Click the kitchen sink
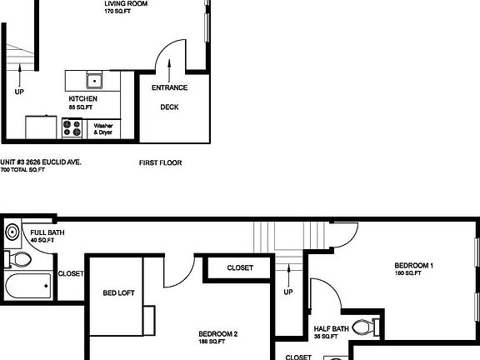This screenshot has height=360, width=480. point(93,81)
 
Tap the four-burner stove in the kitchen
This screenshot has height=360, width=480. point(72,129)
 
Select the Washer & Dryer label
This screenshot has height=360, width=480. point(102,129)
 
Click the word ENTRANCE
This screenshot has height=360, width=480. point(169,88)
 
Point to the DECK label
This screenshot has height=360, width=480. point(169,107)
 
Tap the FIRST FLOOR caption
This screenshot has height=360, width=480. point(160,163)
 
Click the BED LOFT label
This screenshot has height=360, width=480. point(119,293)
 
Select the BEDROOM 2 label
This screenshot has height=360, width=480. point(217,334)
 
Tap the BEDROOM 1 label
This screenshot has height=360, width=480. point(413,266)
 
